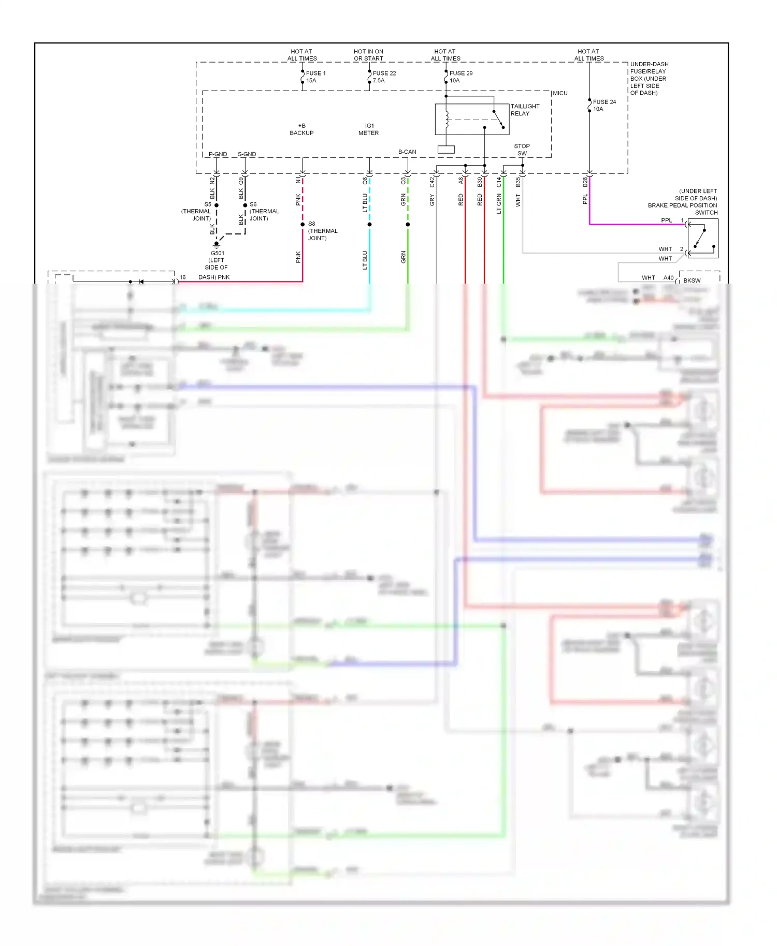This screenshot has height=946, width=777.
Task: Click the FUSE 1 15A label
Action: click(315, 77)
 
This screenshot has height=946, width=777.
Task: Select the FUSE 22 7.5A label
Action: click(384, 77)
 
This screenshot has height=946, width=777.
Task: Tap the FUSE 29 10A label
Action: click(461, 77)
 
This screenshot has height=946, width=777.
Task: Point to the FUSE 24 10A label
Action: click(604, 105)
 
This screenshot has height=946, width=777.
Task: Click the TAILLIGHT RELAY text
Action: click(525, 110)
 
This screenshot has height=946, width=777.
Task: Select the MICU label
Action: click(560, 93)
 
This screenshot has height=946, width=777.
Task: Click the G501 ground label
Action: click(217, 260)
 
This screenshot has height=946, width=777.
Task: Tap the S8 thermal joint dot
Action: click(303, 224)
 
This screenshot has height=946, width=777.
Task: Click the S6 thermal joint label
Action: click(264, 211)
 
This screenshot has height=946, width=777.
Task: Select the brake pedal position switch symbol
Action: click(703, 238)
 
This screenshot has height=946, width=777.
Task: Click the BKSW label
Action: click(692, 280)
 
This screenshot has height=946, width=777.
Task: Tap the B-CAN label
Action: click(407, 152)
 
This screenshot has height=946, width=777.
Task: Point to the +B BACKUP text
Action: click(301, 129)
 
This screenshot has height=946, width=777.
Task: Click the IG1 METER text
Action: click(369, 129)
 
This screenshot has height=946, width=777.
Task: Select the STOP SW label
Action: click(522, 150)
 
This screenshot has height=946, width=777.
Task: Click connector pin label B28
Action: click(585, 182)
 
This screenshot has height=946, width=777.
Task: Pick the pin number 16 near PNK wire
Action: click(182, 277)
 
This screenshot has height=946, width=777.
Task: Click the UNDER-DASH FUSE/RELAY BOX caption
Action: click(649, 79)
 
